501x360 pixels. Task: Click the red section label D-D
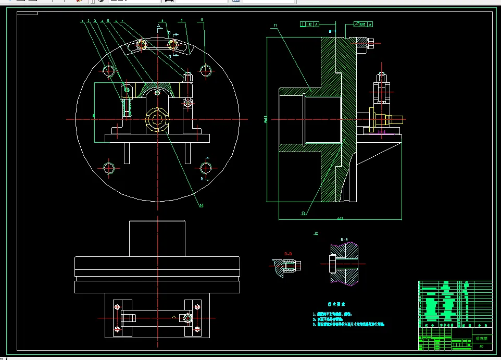(288, 254)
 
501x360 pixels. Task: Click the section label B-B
(345, 240)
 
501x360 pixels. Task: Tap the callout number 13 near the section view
(303, 213)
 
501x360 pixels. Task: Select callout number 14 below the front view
(201, 205)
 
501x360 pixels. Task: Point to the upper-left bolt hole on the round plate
(109, 71)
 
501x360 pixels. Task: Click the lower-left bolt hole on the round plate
(109, 168)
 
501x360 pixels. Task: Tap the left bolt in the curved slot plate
(141, 45)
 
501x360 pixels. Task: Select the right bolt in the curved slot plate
(173, 45)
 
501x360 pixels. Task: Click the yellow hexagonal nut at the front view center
(157, 119)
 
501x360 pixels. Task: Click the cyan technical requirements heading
(336, 304)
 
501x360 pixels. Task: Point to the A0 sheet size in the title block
(481, 346)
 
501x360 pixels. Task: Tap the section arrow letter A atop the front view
(158, 25)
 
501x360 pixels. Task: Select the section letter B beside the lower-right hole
(203, 178)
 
